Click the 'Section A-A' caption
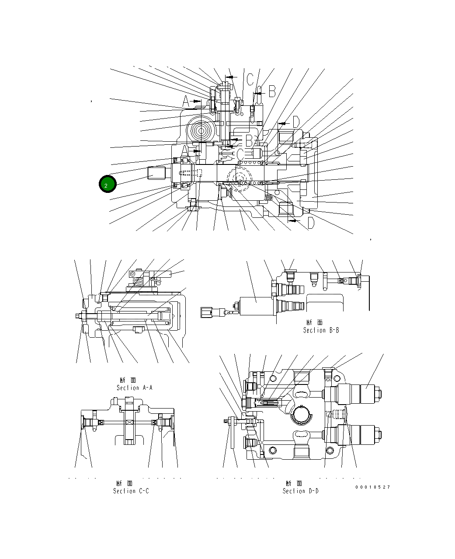[x=134, y=388]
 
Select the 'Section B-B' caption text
[x=321, y=330]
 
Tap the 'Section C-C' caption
[x=131, y=491]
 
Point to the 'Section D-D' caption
[x=300, y=491]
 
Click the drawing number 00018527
[x=372, y=487]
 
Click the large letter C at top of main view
[x=250, y=79]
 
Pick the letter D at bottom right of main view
[x=310, y=223]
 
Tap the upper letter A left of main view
[x=186, y=102]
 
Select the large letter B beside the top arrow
[x=272, y=91]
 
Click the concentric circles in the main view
[x=201, y=130]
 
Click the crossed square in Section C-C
[x=129, y=423]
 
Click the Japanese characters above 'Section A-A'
[x=129, y=380]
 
